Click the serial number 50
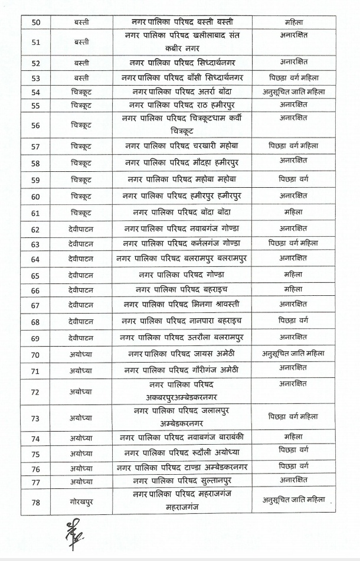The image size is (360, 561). (35, 22)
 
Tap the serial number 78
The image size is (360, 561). (35, 501)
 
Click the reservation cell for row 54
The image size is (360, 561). (293, 92)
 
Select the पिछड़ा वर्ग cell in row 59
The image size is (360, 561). (293, 178)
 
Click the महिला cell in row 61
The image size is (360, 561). (293, 211)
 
